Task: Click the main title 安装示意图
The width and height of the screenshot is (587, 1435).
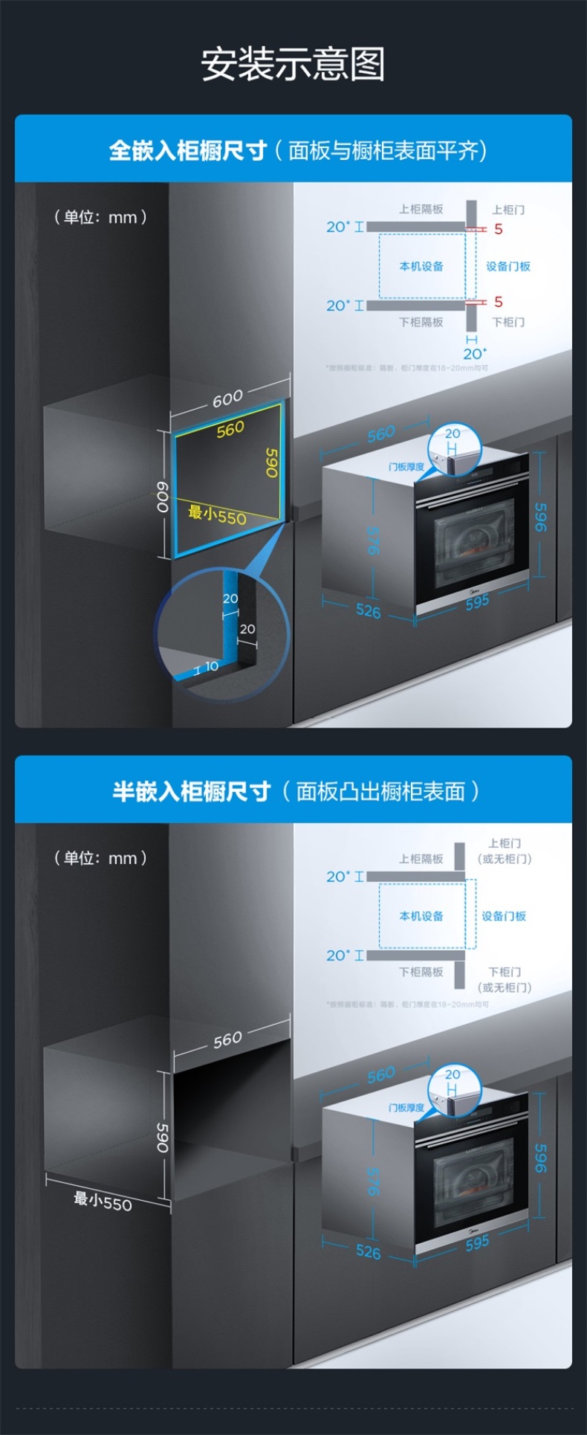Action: tap(293, 65)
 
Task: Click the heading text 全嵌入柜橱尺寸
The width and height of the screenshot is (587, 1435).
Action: tap(187, 151)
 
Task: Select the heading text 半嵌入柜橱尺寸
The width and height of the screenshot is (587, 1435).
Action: tap(191, 791)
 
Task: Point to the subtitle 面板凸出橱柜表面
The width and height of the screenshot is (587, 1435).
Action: tap(380, 791)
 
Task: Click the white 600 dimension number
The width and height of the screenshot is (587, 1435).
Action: tap(227, 399)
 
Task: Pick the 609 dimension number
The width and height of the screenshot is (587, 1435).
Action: tap(162, 496)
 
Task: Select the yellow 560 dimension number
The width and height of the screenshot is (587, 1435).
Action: tap(230, 429)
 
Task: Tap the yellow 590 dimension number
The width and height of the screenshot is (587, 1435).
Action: tap(272, 462)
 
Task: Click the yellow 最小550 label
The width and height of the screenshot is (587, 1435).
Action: tap(217, 515)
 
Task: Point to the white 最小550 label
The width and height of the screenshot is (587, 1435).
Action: tap(103, 1201)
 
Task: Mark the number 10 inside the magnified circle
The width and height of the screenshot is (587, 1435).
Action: tap(212, 666)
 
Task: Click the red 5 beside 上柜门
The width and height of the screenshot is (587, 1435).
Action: tap(499, 229)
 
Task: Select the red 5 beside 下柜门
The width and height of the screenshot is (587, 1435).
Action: tap(499, 302)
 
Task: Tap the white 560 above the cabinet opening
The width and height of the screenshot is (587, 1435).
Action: tap(227, 1039)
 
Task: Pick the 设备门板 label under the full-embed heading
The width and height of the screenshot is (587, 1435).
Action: tap(508, 266)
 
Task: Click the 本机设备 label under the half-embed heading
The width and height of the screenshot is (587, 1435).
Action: tap(421, 916)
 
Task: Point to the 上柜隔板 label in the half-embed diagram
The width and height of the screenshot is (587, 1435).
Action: tap(421, 859)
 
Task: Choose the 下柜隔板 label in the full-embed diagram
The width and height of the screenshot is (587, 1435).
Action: tap(421, 322)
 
